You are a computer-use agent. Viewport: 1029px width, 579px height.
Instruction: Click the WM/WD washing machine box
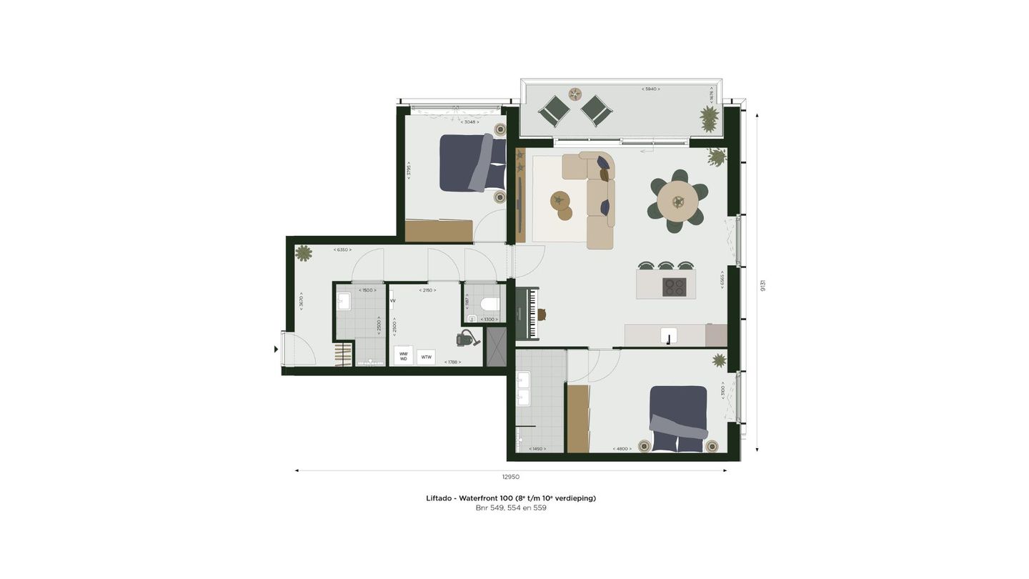tap(403, 355)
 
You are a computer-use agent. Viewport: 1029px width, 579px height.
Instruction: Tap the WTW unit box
tap(426, 357)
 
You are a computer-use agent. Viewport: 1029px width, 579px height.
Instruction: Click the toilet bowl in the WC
tap(490, 305)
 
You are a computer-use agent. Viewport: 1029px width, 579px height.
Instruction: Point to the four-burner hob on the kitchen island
tap(674, 287)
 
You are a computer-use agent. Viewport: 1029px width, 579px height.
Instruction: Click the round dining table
tap(677, 200)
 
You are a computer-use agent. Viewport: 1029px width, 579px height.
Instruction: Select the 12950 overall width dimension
tap(510, 477)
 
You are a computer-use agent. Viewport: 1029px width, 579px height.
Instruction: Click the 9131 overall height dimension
tap(763, 285)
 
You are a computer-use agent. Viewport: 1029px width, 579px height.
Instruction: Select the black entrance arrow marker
tap(276, 350)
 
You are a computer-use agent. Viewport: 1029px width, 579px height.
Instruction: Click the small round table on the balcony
tap(575, 94)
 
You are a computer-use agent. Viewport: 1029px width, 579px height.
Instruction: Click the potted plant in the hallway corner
tap(304, 253)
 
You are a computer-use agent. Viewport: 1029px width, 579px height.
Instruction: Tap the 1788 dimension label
tap(451, 362)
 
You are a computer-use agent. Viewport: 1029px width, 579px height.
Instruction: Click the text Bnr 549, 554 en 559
tap(510, 508)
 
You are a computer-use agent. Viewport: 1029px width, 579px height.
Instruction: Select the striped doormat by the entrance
tap(343, 355)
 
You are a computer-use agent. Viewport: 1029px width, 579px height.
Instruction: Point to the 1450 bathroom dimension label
tap(537, 449)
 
